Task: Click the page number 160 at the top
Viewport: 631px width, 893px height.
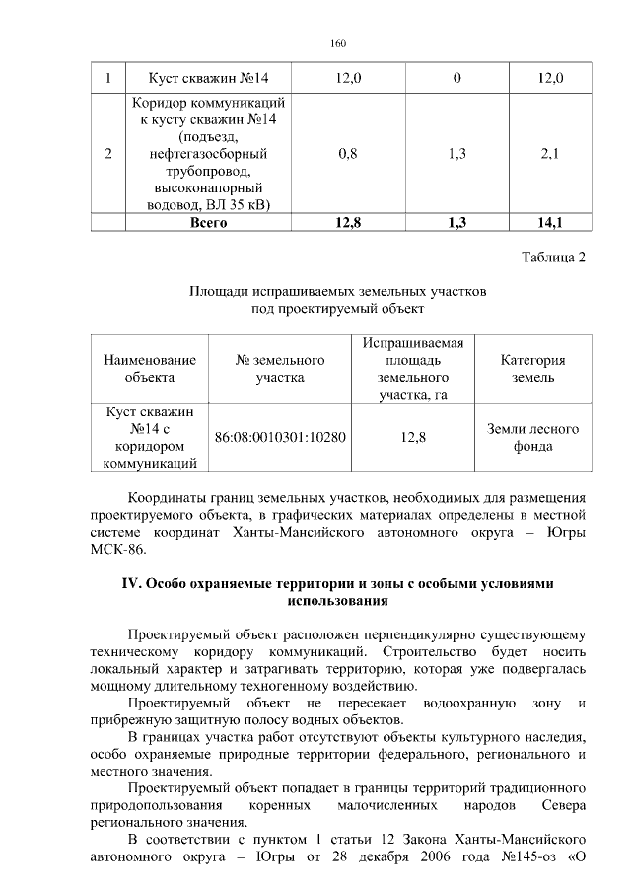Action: [338, 43]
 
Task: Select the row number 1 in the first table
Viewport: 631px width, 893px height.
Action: [107, 78]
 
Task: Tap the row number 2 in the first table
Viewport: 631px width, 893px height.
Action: [107, 153]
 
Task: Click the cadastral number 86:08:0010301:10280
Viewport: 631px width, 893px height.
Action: [280, 438]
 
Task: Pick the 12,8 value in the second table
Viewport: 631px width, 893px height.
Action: [412, 438]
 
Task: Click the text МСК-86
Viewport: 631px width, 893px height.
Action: [110, 550]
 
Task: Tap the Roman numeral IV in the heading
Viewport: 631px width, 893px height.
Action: [131, 583]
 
